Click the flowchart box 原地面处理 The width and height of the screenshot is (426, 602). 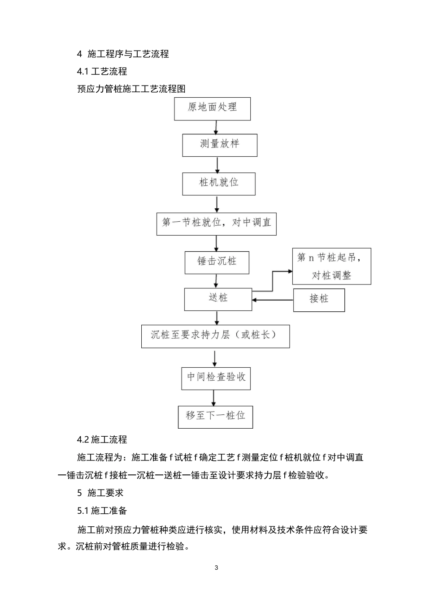212,108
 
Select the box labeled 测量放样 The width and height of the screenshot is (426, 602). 219,145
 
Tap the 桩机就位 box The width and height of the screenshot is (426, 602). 219,184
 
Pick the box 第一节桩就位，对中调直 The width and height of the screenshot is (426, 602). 216,224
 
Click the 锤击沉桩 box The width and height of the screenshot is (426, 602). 217,262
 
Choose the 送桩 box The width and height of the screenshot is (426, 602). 218,299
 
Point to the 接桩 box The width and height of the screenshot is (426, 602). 319,300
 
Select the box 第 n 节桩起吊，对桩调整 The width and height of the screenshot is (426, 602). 331,266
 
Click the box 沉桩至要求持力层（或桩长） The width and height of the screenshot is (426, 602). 215,336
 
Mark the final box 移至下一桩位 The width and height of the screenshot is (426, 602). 215,417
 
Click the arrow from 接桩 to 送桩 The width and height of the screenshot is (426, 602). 273,300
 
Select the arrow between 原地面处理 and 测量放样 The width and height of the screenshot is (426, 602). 216,127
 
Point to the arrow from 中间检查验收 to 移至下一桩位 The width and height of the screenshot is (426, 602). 213,398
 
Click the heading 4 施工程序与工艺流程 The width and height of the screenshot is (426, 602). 123,54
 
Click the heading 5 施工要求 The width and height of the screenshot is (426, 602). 100,493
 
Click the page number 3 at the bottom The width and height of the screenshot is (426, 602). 217,568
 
